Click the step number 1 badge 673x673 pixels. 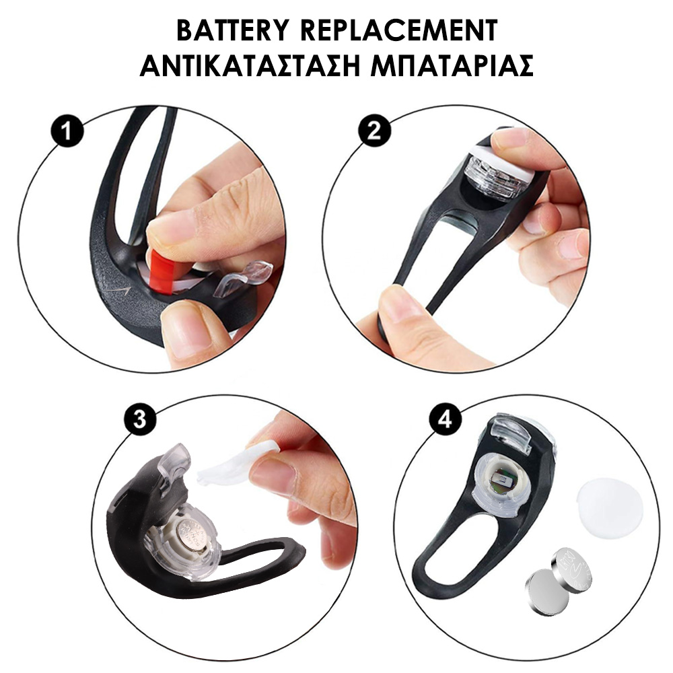click(x=67, y=131)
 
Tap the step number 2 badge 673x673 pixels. click(x=375, y=130)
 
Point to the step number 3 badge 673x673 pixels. click(x=139, y=419)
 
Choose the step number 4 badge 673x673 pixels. click(x=445, y=419)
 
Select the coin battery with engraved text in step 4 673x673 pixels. click(x=571, y=568)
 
